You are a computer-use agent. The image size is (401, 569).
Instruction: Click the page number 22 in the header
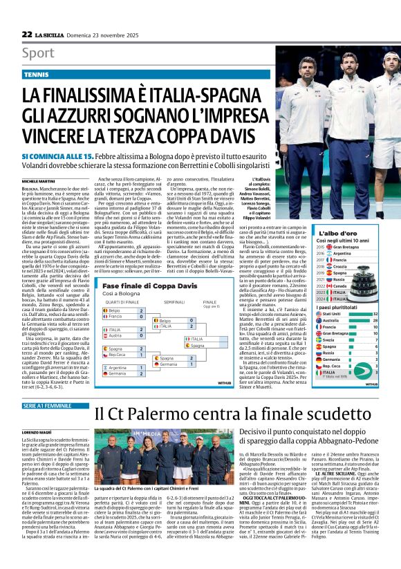27,34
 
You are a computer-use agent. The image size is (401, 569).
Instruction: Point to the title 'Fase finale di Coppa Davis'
142,285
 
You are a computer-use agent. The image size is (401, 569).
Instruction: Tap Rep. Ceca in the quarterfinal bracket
118,355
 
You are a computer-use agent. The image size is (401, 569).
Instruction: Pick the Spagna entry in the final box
198,345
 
